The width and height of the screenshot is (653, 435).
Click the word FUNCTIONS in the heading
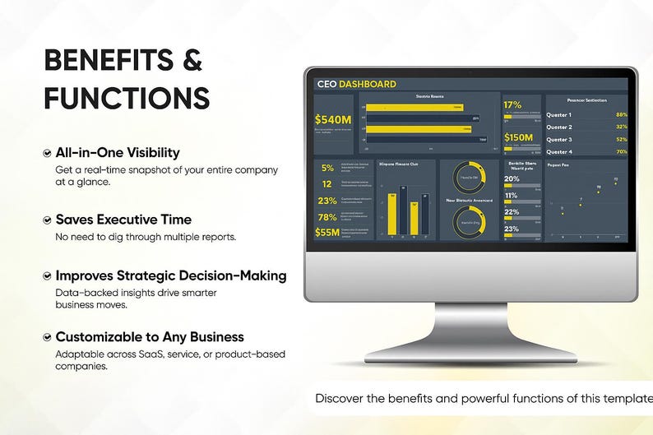[x=126, y=98]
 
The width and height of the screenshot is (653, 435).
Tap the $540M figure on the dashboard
[x=332, y=120]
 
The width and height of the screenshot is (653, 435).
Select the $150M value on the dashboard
[x=519, y=137]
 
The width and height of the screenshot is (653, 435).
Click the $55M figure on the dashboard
[x=326, y=232]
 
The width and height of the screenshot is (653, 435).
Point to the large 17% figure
[x=512, y=105]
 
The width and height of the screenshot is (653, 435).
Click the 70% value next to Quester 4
[x=621, y=151]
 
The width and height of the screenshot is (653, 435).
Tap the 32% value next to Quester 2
[x=621, y=127]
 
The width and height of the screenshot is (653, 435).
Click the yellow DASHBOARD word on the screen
[x=367, y=84]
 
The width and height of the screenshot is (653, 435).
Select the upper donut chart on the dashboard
[x=468, y=177]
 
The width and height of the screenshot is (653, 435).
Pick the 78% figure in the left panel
[x=326, y=217]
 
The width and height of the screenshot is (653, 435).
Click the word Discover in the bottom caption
[x=340, y=399]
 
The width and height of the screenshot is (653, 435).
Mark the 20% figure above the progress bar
[x=512, y=178]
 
